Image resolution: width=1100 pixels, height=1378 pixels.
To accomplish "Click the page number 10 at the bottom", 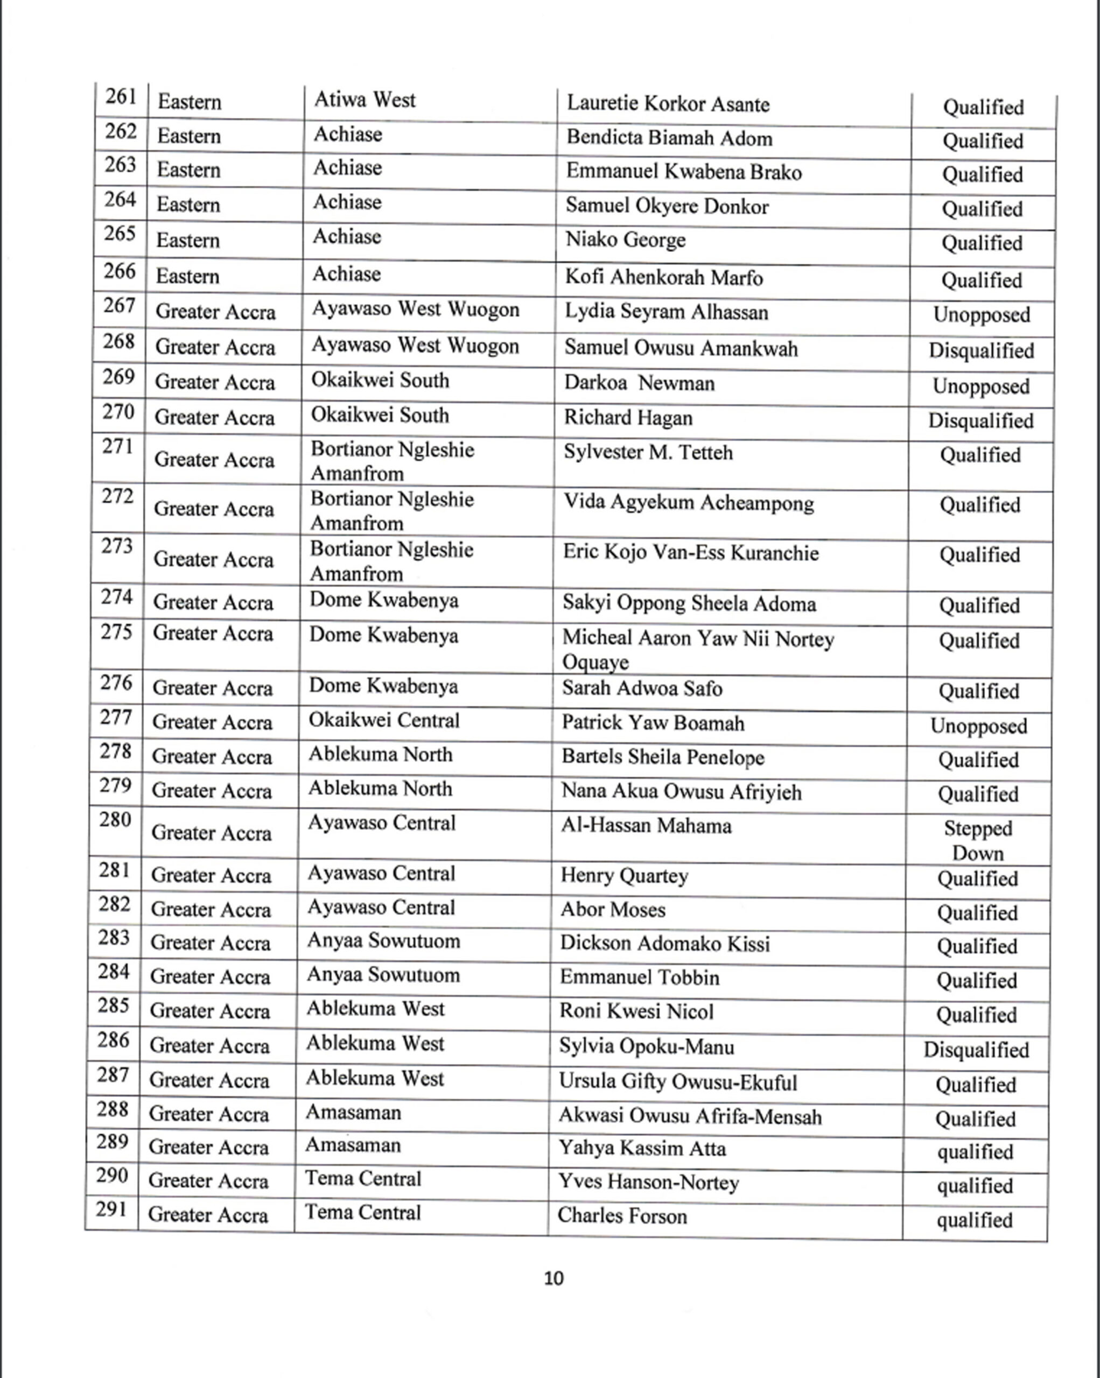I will click(553, 1278).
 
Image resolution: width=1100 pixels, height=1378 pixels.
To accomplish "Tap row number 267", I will click(119, 306).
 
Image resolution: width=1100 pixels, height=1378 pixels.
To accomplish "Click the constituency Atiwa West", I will click(365, 100).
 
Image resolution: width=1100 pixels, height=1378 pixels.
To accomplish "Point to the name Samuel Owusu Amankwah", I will click(681, 349).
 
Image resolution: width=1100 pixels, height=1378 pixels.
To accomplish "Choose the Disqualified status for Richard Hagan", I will click(980, 421).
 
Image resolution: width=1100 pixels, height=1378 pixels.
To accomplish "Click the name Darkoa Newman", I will click(639, 383).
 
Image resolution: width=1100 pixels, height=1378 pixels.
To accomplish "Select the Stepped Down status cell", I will click(978, 840).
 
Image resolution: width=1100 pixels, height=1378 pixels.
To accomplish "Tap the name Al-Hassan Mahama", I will click(646, 826).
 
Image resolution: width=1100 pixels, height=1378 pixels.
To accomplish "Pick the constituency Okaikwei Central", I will click(384, 721).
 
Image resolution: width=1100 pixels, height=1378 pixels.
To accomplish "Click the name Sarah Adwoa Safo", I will click(642, 688).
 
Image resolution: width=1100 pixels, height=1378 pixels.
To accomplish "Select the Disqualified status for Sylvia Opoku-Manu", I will click(976, 1050).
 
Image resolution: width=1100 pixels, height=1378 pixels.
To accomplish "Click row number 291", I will click(111, 1210).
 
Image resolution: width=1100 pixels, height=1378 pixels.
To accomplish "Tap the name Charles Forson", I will click(622, 1215).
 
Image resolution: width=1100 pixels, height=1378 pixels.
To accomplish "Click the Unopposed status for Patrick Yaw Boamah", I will click(978, 727).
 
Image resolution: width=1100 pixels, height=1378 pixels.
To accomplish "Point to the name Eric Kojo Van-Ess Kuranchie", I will click(690, 553).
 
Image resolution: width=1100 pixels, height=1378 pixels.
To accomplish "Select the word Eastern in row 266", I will click(188, 277).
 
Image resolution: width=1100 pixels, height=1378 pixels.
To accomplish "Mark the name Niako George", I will click(625, 240).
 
